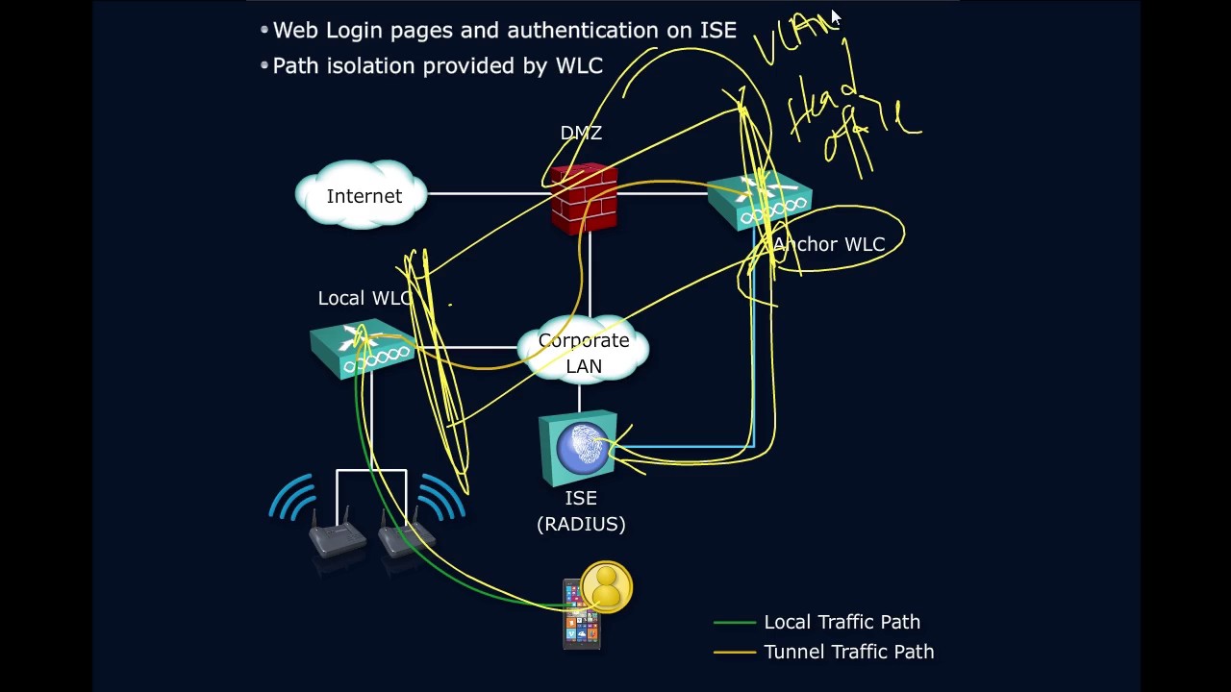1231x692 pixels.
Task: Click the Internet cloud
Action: coord(363,195)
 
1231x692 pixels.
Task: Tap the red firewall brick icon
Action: coord(584,199)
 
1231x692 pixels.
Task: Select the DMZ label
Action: coord(581,133)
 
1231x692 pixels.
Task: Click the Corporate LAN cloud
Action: coord(584,353)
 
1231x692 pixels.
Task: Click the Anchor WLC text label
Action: coord(829,244)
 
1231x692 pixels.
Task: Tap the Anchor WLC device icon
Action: coord(760,201)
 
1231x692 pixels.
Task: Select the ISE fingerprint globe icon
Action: coord(579,448)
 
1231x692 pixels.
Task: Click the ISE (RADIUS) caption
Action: coord(581,510)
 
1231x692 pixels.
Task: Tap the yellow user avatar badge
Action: coord(606,586)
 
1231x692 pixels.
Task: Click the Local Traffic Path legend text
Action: coord(842,622)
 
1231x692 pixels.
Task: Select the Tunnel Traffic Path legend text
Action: coord(848,652)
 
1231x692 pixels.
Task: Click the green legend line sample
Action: coord(734,623)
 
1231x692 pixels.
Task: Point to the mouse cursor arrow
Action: coord(835,18)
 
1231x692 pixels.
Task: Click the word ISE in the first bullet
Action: coord(717,30)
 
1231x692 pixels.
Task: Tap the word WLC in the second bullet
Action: coord(578,65)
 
